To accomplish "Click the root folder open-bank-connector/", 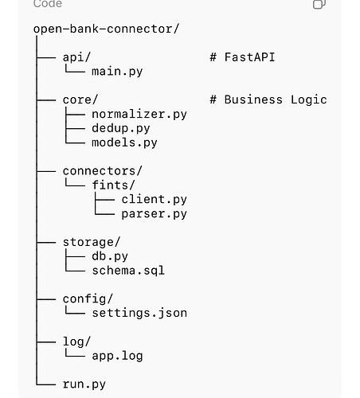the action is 107,29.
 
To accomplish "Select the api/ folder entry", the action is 76,57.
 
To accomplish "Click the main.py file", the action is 117,72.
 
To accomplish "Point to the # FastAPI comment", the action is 242,57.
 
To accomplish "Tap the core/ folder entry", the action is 80,100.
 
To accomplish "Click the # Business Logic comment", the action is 268,100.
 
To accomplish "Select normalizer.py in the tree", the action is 139,115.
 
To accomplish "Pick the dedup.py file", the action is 121,129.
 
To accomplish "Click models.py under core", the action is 124,142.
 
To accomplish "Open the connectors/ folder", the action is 103,171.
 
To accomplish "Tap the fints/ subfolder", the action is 113,185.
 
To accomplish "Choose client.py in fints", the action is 154,200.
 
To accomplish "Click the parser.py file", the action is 154,214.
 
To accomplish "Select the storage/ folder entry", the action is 92,242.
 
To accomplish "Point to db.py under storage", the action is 110,256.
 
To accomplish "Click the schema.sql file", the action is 128,271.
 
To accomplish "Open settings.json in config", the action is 139,313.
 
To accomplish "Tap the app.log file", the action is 117,356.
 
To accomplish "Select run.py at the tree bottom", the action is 84,384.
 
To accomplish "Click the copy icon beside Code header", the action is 319,4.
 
